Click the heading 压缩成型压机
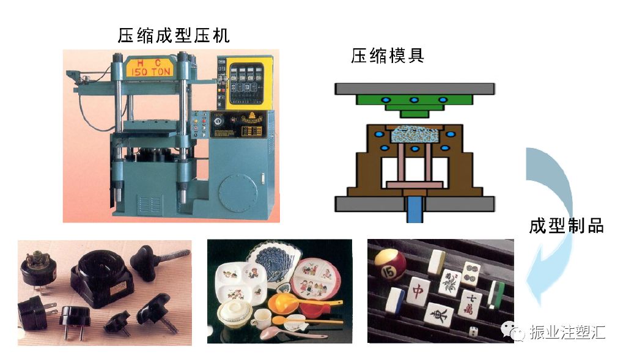174,35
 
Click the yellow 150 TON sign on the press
150,67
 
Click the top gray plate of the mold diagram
414,88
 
